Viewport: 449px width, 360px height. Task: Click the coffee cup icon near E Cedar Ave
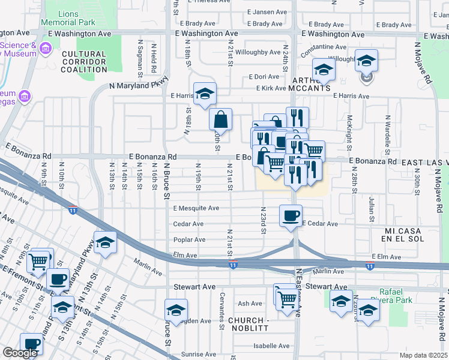coord(291,215)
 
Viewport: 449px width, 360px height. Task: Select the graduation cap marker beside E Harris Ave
coord(205,94)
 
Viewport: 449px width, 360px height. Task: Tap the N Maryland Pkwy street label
coord(137,85)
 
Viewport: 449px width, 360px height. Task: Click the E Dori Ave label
coord(267,77)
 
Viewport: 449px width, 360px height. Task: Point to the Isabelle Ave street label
coord(271,346)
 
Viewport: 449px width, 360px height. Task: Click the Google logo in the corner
coord(20,353)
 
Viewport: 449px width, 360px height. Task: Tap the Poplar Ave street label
coord(190,240)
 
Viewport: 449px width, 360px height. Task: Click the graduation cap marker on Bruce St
coord(176,310)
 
